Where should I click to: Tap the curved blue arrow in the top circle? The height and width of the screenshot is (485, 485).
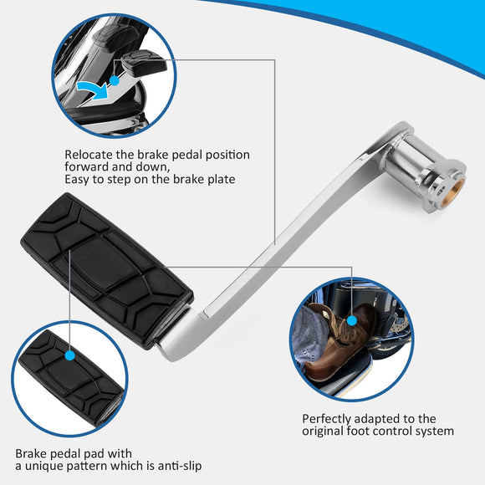point(93,89)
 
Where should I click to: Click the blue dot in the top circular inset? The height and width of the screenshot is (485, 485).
point(115,81)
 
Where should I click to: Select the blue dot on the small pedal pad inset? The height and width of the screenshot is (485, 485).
point(70,355)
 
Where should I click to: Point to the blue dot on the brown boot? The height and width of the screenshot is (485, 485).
point(352,321)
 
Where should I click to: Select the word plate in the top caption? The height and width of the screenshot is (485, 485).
point(221,180)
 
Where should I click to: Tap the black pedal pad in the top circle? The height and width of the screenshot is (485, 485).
point(143,63)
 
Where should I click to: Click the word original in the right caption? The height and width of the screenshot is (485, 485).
point(322,431)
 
